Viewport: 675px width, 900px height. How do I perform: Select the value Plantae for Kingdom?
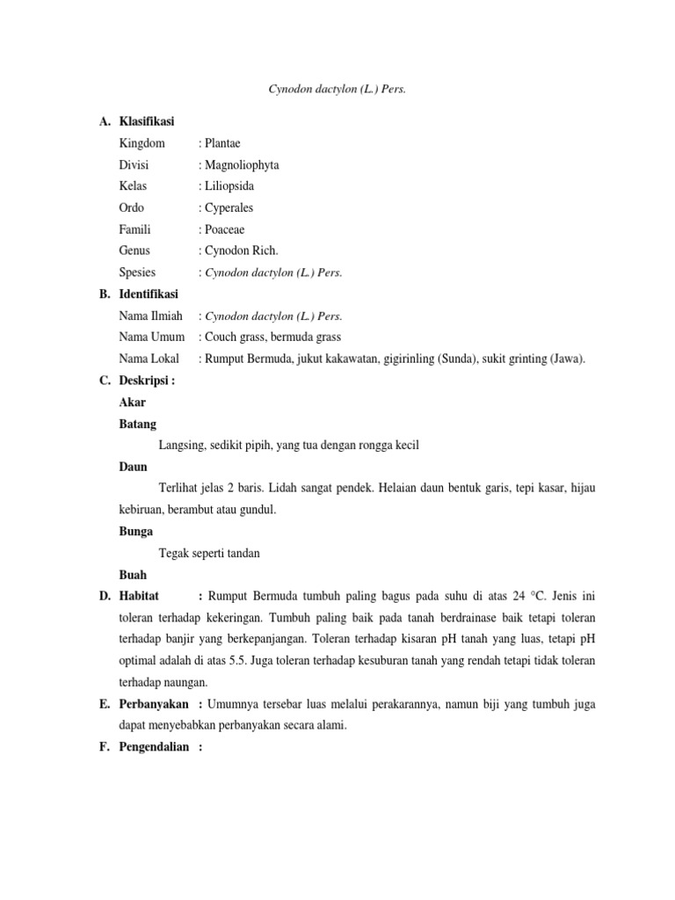(222, 143)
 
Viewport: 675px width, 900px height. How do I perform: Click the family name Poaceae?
(225, 229)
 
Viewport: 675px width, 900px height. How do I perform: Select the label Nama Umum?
(151, 337)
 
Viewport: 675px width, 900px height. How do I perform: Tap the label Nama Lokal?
(149, 359)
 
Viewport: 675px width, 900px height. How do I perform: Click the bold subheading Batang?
(137, 424)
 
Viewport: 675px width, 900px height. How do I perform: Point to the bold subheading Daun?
(133, 467)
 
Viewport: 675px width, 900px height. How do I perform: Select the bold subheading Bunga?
(135, 532)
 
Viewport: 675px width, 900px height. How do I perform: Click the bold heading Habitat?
(141, 596)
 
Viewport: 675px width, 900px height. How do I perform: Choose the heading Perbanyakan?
(155, 704)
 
